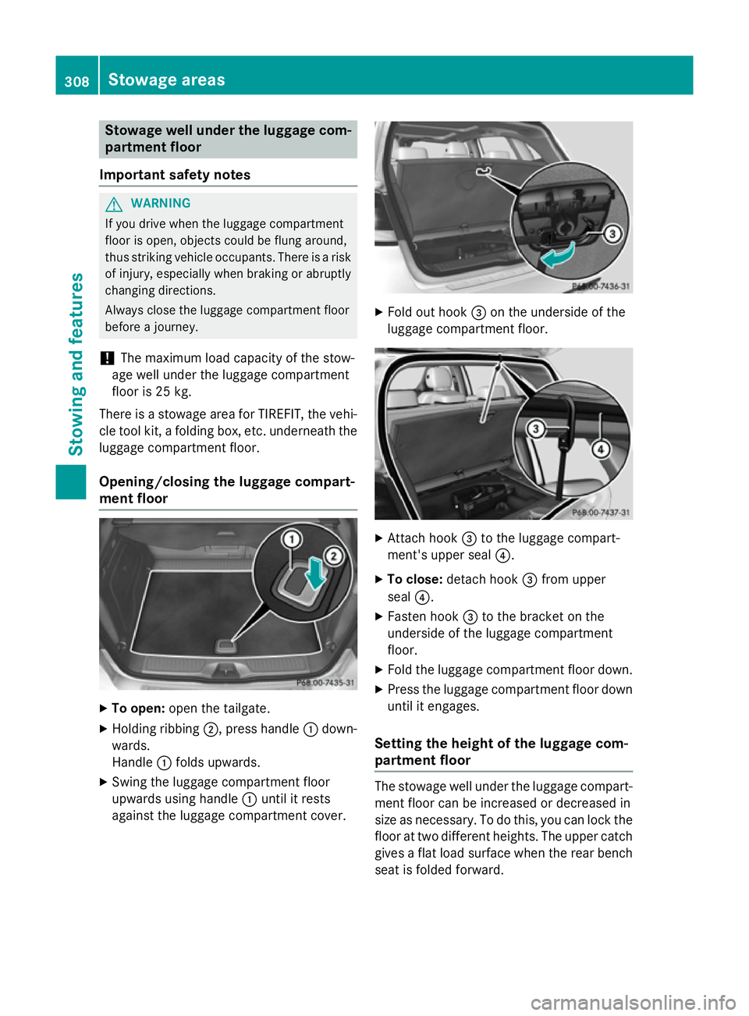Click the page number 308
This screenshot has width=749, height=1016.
click(x=76, y=81)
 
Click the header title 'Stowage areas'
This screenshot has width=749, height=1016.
click(x=166, y=80)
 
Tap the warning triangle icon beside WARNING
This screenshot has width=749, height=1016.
click(x=114, y=204)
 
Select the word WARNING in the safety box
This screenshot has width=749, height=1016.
click(x=161, y=203)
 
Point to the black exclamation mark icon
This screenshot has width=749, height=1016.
click(x=107, y=358)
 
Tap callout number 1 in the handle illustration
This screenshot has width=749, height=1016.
click(x=291, y=539)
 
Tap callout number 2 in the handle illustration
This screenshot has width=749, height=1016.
click(x=334, y=556)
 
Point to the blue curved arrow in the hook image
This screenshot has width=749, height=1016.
click(x=559, y=255)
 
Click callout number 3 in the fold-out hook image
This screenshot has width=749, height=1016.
click(x=612, y=233)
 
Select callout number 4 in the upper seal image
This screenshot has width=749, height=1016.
click(x=600, y=449)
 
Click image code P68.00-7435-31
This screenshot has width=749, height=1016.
click(x=325, y=683)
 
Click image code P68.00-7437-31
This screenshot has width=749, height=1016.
click(x=601, y=513)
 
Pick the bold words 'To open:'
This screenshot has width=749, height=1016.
click(x=138, y=709)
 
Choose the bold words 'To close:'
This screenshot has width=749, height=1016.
click(x=415, y=579)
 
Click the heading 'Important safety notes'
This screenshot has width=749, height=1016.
click(x=175, y=175)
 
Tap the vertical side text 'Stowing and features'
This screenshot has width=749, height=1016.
click(x=76, y=364)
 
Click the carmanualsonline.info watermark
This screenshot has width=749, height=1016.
click(x=633, y=1002)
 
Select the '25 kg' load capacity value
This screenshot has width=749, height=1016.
click(x=173, y=392)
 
